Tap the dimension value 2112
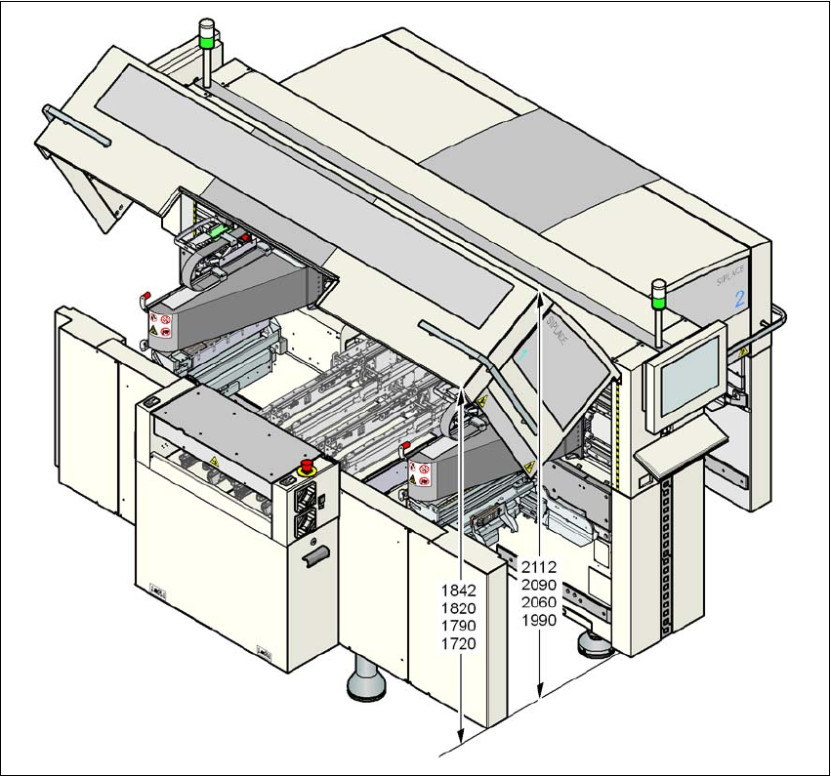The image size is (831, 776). pyautogui.click(x=539, y=566)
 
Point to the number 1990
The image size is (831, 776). pyautogui.click(x=539, y=620)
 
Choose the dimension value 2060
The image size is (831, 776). pyautogui.click(x=539, y=602)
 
